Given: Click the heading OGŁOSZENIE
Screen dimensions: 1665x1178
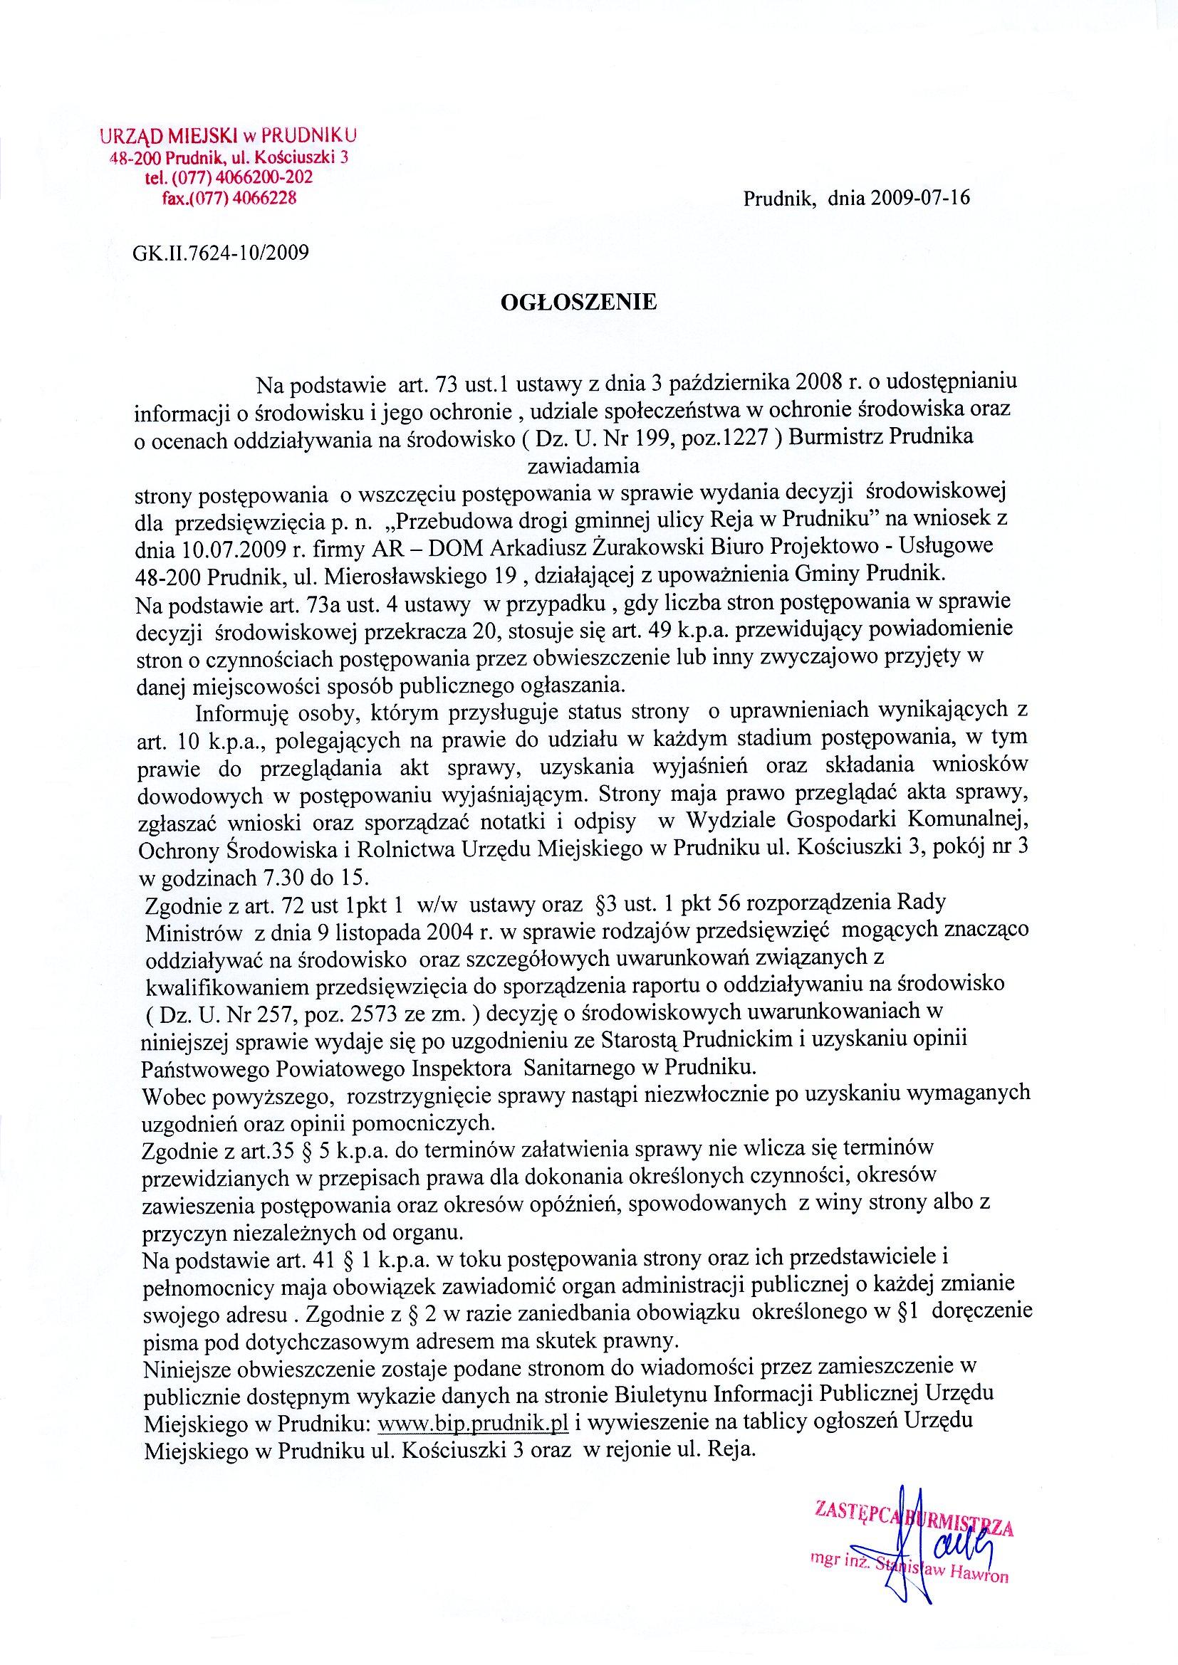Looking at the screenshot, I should point(579,302).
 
